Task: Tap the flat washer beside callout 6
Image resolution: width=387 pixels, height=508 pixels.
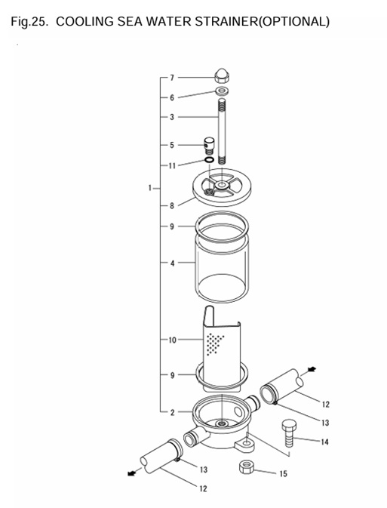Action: tap(221, 92)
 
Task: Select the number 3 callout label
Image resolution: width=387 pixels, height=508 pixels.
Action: tap(172, 117)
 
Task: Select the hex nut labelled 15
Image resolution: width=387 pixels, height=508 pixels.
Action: tap(247, 467)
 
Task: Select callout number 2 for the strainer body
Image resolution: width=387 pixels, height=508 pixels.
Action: tap(172, 411)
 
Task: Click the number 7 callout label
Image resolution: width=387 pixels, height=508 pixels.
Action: tap(172, 78)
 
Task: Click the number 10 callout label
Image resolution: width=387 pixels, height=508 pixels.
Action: tap(172, 340)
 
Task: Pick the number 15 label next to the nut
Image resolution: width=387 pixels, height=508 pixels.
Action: tap(284, 474)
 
